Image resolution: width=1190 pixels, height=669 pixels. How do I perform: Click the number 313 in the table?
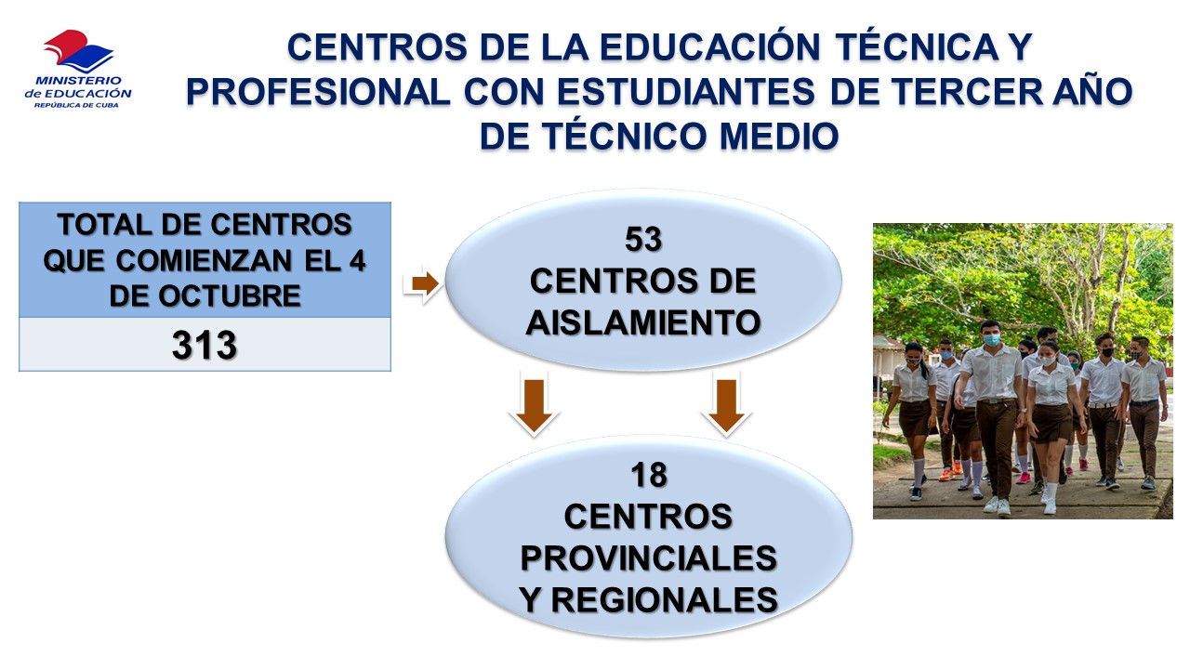tap(205, 345)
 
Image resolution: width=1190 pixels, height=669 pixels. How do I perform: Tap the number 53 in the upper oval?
tap(643, 239)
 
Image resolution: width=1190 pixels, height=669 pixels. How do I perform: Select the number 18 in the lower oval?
tap(649, 475)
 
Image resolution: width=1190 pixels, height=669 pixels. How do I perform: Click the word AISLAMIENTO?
tap(643, 322)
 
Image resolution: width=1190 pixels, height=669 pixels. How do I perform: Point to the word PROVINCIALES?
tap(649, 558)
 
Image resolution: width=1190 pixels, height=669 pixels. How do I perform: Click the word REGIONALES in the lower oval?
tap(665, 600)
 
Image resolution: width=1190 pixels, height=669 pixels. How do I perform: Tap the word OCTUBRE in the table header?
tap(230, 295)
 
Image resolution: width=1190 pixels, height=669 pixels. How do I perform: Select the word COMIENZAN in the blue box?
tap(204, 261)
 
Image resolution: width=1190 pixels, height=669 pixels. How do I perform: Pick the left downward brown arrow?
tap(534, 406)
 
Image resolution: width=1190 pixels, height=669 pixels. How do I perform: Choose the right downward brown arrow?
tap(726, 406)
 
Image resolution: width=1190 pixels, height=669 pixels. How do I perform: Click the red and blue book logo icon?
tap(79, 51)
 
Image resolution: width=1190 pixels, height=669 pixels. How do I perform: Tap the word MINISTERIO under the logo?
tap(78, 81)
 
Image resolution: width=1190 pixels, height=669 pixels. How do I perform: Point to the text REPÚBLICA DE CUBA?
tap(76, 105)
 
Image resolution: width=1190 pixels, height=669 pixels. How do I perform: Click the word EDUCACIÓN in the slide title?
tap(711, 46)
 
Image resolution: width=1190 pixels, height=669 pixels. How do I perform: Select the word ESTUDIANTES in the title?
tap(686, 91)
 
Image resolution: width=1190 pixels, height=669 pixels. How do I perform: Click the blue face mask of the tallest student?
tap(991, 340)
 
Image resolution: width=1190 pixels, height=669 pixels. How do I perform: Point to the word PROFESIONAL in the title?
tap(318, 91)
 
